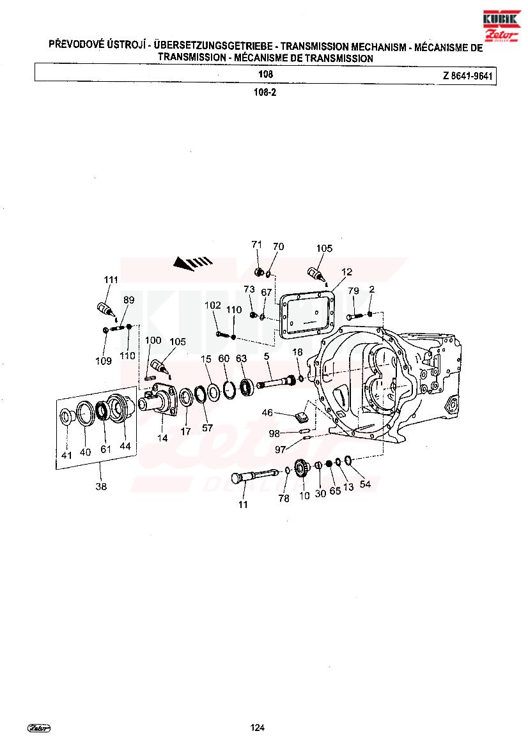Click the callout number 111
(x=111, y=280)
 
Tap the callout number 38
(x=101, y=486)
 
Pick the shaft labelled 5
(x=276, y=381)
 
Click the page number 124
(x=258, y=727)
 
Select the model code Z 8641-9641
(x=467, y=76)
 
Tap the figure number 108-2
(x=265, y=93)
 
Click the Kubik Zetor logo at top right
(x=501, y=26)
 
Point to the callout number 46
(x=267, y=412)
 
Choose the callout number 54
(x=365, y=484)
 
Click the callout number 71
(x=257, y=244)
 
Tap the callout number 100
(x=153, y=340)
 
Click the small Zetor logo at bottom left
(x=39, y=727)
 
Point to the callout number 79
(x=353, y=291)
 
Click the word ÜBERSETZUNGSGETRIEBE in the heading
(x=214, y=46)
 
